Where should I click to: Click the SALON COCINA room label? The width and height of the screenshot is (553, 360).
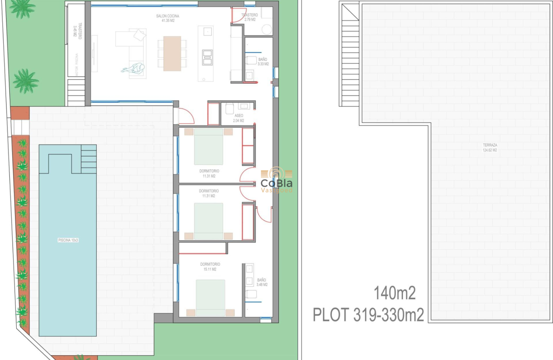[x=168, y=18]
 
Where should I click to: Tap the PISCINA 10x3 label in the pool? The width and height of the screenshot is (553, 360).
[x=68, y=240]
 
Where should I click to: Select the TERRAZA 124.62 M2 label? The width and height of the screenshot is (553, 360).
[x=490, y=147]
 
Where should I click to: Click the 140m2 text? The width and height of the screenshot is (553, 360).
[x=394, y=294]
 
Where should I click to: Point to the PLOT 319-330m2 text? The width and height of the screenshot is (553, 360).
[x=368, y=315]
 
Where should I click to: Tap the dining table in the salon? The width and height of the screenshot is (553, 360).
[x=172, y=53]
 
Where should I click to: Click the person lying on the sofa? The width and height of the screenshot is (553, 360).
[x=134, y=69]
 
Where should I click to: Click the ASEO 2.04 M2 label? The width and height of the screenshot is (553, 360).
[x=238, y=118]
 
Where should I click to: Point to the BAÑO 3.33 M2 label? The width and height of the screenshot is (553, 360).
[x=263, y=62]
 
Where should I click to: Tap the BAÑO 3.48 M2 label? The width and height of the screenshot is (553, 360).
[x=261, y=282]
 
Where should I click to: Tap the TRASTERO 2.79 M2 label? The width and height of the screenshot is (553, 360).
[x=249, y=17]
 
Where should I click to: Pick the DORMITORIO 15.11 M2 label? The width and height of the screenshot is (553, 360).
[x=210, y=267]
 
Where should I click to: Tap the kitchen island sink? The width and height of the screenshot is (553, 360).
[x=207, y=31]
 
